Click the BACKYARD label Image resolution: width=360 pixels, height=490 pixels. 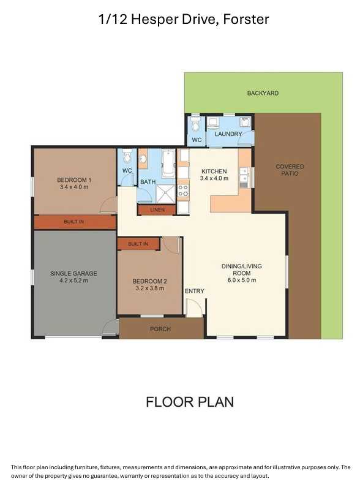[x=263, y=93]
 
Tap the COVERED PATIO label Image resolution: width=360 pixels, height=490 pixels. [x=290, y=170]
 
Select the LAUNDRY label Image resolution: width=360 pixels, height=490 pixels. [x=228, y=134]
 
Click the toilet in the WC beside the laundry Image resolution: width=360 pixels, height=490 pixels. [x=196, y=125]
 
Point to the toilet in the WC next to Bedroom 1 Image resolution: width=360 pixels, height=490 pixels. [x=127, y=156]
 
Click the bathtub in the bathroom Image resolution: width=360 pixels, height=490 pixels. [x=168, y=164]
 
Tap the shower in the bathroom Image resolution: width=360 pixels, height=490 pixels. [x=165, y=194]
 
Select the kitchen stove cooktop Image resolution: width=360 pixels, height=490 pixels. [x=183, y=190]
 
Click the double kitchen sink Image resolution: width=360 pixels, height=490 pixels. [x=244, y=175]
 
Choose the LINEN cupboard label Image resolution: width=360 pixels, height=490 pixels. [x=157, y=209]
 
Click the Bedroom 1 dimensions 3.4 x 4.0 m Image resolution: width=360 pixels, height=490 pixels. [x=74, y=187]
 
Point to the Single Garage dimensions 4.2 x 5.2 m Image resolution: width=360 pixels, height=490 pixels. [x=73, y=281]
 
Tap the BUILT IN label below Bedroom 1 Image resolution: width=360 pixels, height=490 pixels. [x=73, y=222]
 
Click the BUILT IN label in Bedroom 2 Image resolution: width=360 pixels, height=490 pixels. [x=138, y=244]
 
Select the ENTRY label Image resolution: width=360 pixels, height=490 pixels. [x=194, y=292]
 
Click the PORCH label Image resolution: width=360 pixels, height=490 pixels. [x=160, y=329]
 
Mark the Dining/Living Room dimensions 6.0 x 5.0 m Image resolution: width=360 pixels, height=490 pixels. [x=242, y=281]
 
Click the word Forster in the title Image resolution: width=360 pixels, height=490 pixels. [x=246, y=20]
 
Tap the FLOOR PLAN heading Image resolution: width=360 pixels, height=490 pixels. [x=190, y=402]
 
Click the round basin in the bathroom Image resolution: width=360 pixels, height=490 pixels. [x=143, y=159]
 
